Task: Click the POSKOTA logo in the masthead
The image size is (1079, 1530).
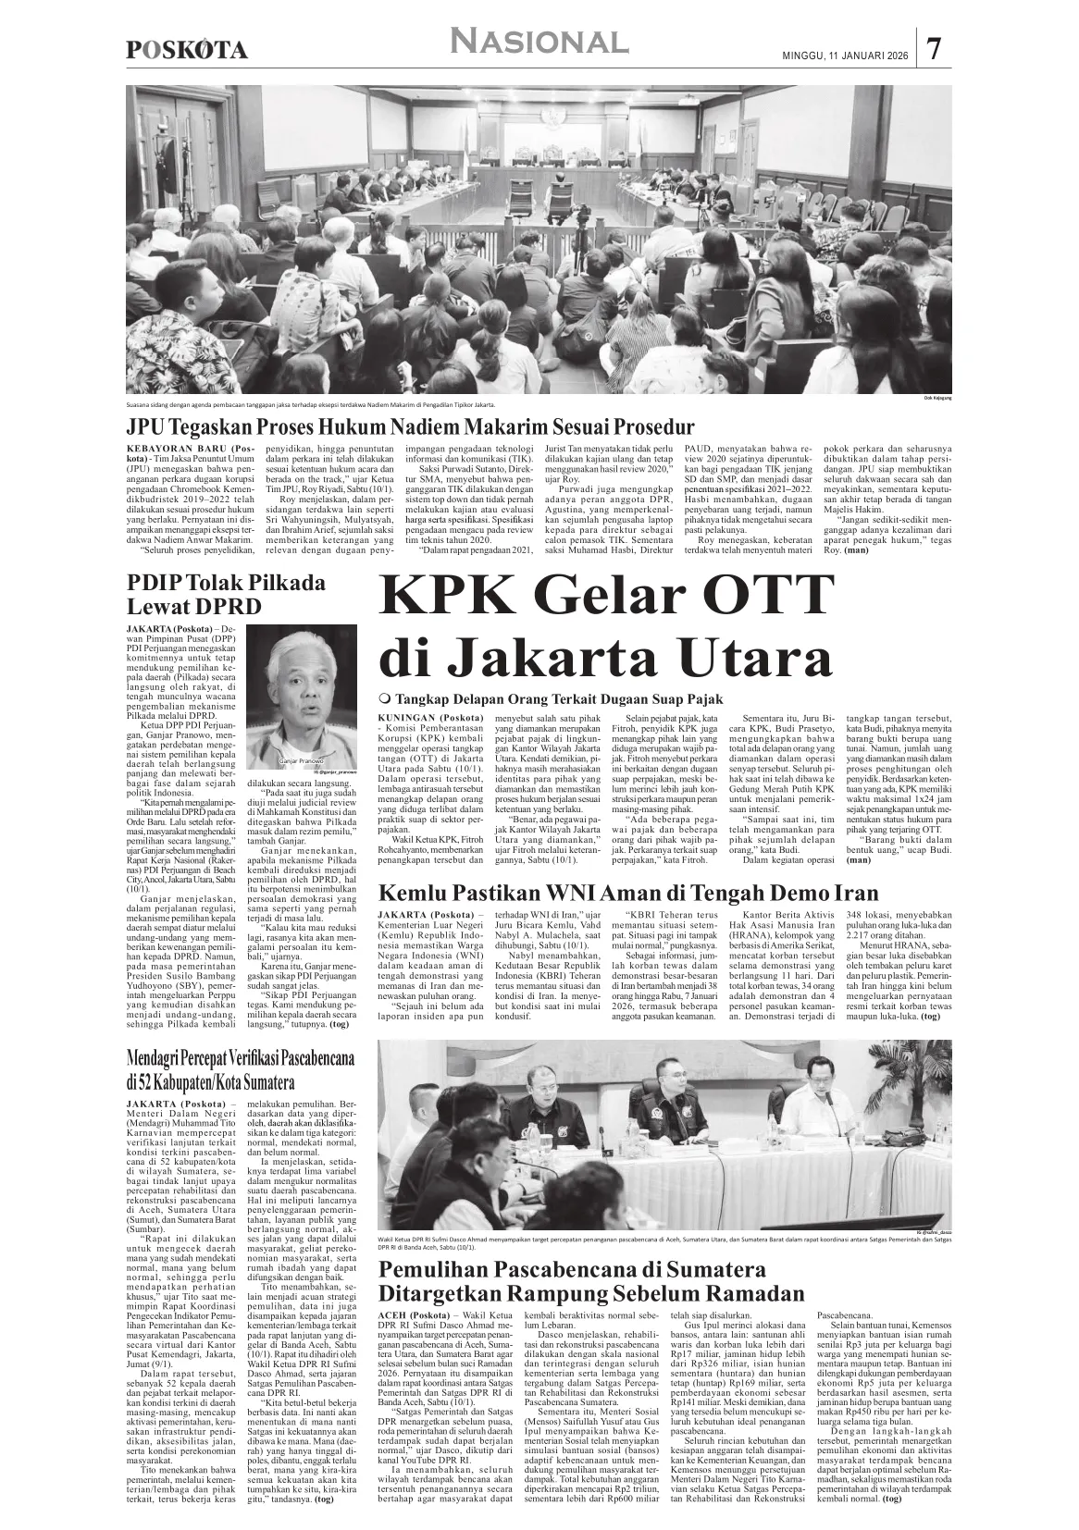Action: (186, 51)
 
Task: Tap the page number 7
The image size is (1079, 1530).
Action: (935, 49)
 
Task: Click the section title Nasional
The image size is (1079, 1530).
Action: (539, 42)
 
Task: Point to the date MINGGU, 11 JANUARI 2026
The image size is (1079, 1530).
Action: (839, 56)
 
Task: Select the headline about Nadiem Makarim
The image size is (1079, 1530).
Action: (410, 427)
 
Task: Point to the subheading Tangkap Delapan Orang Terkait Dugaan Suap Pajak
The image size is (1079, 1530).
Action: (560, 699)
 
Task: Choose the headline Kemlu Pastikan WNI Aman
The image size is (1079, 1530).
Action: (628, 894)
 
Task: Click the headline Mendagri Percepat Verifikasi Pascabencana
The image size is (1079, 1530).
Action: (242, 1068)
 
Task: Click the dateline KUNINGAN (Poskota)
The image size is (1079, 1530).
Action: (431, 718)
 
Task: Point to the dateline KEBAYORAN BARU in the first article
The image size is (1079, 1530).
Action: (186, 449)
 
